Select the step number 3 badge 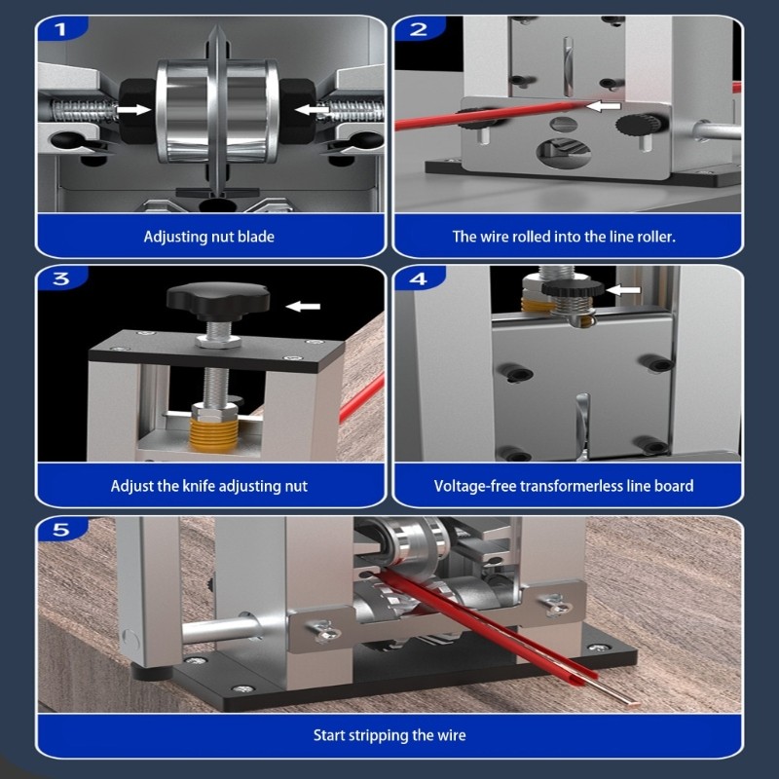click(x=60, y=279)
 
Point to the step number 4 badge click(x=419, y=279)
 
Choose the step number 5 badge click(x=60, y=530)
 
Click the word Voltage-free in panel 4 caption click(x=474, y=485)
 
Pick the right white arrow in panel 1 click(x=311, y=110)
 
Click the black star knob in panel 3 click(x=216, y=298)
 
